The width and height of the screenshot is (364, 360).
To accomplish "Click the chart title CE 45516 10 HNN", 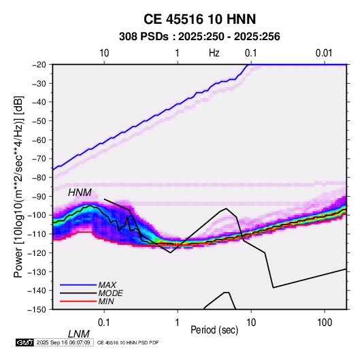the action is point(199,19).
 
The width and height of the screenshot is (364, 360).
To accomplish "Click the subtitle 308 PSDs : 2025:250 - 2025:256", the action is point(199,37).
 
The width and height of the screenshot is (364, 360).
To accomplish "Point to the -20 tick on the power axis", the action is point(39,65).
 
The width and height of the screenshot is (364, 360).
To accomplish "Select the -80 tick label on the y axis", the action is point(39,178).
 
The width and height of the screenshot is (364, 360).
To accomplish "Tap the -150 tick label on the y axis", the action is point(37,310).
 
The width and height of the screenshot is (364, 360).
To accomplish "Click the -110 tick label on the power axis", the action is point(37,234).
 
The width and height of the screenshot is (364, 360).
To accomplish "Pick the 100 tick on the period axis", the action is point(325,323).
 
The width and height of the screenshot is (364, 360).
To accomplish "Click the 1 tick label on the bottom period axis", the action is point(178,323).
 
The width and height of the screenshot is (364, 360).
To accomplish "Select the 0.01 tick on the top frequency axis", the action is point(324,53).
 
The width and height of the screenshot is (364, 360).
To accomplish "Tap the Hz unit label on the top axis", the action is point(214,53).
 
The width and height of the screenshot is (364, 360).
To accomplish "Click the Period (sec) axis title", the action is point(214,330).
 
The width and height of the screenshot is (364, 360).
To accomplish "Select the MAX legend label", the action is point(107,284).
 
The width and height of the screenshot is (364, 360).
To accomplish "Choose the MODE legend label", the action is point(110,293).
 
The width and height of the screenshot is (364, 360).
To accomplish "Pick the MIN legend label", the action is point(106,301).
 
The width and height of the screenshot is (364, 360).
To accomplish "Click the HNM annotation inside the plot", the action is point(80,193).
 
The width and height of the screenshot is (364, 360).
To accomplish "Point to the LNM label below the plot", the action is point(78,334).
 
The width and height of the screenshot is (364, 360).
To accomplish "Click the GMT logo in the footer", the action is point(24,342).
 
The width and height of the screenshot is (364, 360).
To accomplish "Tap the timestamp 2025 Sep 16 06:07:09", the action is point(63,342).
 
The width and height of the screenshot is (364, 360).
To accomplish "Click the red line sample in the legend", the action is point(78,301).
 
